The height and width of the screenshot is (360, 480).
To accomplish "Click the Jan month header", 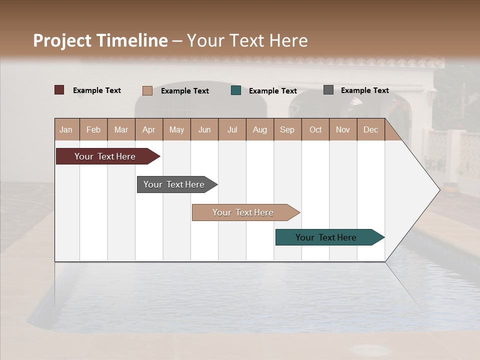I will tap(66, 129).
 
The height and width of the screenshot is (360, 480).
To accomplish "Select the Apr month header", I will tap(148, 129).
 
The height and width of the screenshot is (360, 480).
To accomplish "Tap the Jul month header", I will tap(232, 129).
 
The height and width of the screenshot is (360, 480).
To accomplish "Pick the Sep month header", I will tap(287, 129).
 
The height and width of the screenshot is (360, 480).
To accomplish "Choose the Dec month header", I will tap(370, 129).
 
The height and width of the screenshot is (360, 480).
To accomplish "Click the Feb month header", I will tap(93, 129).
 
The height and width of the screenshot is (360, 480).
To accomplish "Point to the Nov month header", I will tap(342, 129).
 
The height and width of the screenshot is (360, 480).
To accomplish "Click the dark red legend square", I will tap(59, 90).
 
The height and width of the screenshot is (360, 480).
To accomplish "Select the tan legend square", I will tap(147, 90).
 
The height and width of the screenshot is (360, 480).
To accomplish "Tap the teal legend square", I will tap(236, 90).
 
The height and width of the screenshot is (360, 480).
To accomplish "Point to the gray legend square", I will tap(328, 90).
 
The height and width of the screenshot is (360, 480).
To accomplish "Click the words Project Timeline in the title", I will tap(100, 40).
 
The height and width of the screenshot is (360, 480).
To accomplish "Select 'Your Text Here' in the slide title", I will tap(247, 40).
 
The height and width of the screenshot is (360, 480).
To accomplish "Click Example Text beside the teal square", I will tap(272, 91).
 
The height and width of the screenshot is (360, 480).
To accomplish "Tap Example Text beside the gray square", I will tap(364, 90).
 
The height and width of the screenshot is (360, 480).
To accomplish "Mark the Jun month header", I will tap(204, 129).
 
